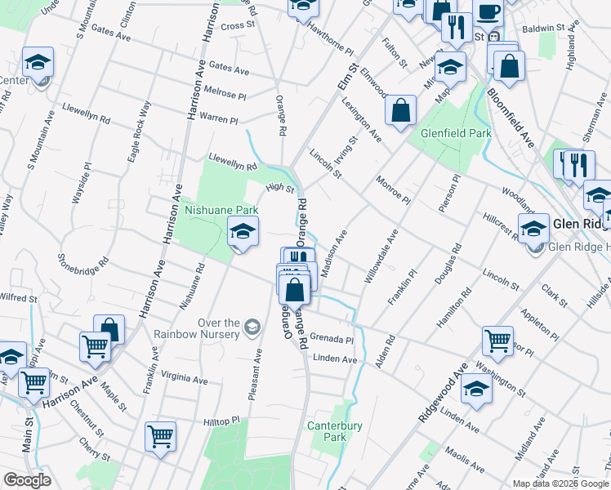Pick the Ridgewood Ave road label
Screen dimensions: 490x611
[441, 393]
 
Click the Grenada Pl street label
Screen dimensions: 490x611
[332, 339]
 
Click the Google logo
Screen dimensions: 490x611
[27, 480]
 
